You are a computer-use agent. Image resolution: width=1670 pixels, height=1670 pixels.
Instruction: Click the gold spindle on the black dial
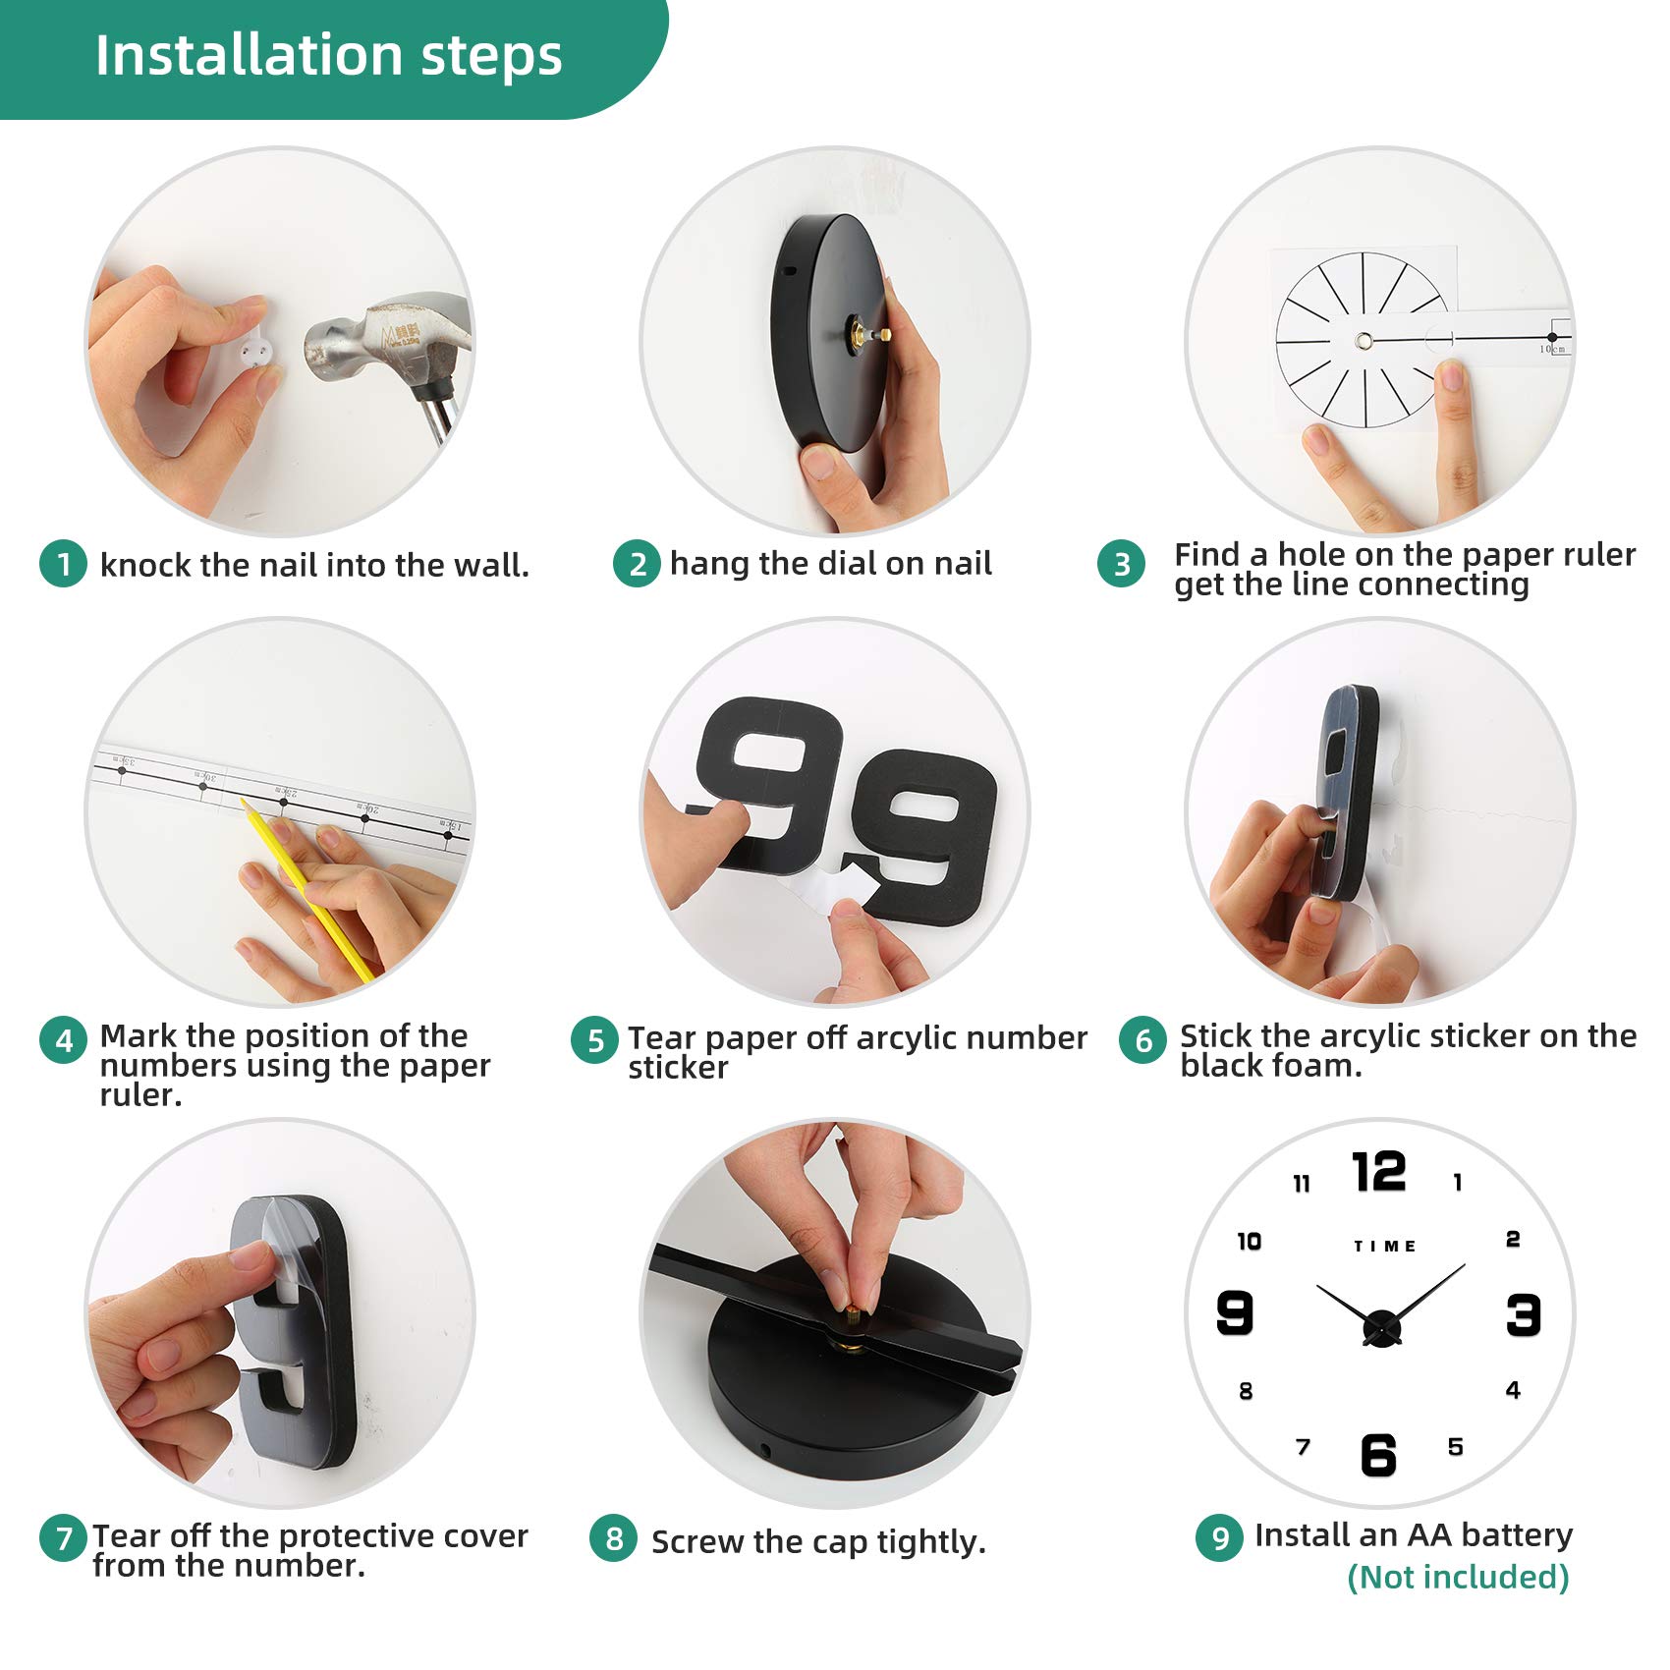(868, 334)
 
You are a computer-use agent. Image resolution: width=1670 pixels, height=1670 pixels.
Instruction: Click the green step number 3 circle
(1122, 564)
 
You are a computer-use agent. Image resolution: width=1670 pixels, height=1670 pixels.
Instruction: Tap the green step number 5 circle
(595, 1040)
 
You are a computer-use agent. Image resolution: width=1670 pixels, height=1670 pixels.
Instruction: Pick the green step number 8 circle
(614, 1538)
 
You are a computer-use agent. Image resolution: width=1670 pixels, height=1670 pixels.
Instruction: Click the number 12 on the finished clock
(1379, 1171)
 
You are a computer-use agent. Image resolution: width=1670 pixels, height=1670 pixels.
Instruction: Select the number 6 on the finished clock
(1378, 1455)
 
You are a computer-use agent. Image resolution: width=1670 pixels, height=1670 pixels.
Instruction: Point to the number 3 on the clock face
(1524, 1314)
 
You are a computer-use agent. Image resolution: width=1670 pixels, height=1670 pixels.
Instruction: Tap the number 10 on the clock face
(1249, 1242)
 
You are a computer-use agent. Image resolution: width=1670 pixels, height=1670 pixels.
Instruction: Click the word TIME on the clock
(1385, 1247)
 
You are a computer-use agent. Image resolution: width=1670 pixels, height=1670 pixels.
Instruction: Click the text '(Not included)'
(1458, 1578)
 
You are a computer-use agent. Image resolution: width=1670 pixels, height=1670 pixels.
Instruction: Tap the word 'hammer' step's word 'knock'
(145, 565)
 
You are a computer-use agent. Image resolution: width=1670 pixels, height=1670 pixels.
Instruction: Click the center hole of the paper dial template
(1364, 341)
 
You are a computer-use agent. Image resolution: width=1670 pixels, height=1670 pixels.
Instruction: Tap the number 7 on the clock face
(1304, 1447)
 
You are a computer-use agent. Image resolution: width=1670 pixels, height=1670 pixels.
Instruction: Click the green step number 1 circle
(64, 564)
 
